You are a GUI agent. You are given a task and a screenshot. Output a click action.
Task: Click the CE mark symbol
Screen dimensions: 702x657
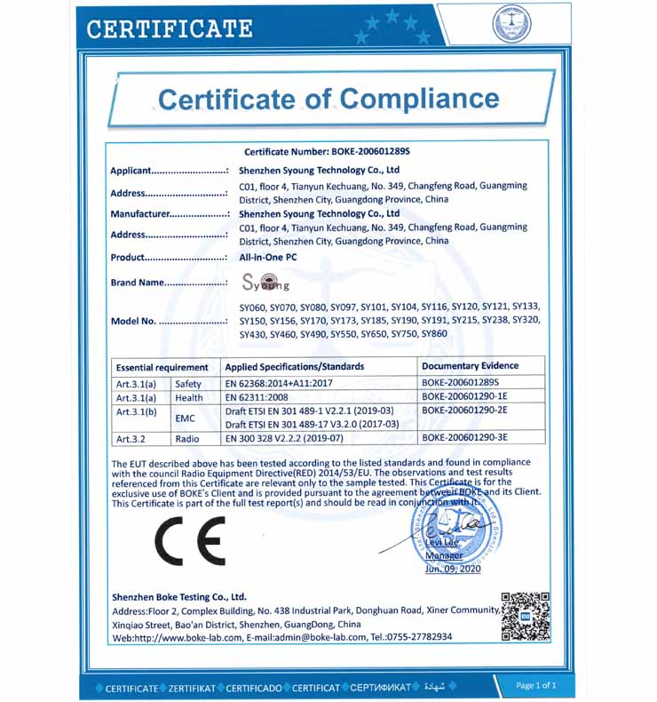190,540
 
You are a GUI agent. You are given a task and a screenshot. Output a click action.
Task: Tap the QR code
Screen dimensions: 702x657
526,616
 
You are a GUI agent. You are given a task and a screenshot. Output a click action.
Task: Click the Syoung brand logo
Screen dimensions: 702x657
265,283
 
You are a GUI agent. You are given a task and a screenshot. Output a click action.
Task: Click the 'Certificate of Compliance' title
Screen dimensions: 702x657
328,98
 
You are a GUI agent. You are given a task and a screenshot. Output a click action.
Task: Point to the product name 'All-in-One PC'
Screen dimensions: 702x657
268,258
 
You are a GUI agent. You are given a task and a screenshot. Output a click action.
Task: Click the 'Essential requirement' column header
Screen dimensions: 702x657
162,367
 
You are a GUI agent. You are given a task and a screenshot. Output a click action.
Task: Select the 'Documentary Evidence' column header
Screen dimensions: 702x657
470,366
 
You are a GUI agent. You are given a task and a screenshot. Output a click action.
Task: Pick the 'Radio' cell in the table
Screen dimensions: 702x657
187,438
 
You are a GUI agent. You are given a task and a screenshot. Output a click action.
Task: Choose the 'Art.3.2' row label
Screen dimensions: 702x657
131,439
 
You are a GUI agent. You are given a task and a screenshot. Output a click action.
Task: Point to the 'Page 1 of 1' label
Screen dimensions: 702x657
536,685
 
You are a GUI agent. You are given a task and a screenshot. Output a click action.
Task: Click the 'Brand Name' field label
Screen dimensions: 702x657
170,283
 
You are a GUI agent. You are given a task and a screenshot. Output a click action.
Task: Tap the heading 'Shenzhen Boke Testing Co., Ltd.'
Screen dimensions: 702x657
179,596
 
